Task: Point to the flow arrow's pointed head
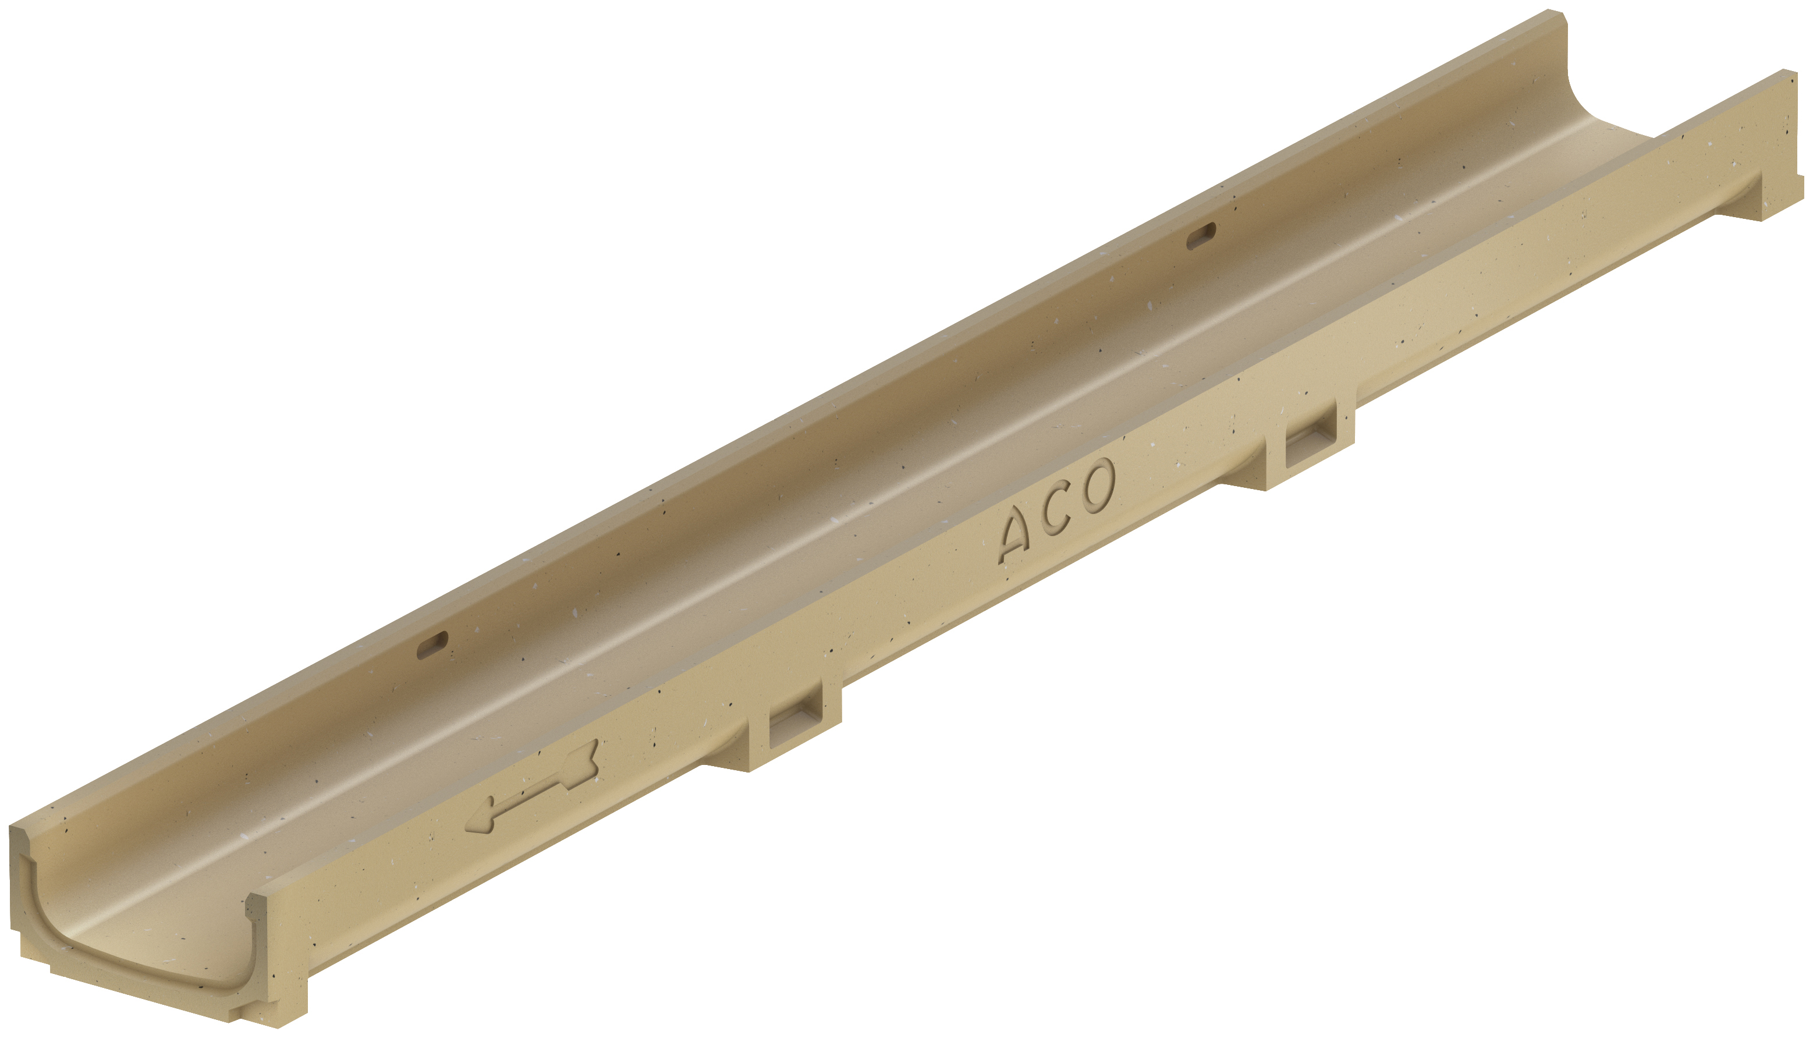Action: (x=479, y=821)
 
